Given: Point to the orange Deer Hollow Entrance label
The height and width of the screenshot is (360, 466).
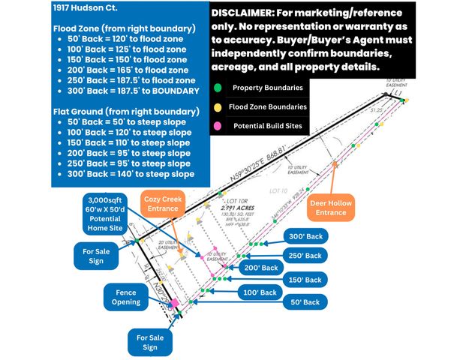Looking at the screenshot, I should click(x=329, y=208).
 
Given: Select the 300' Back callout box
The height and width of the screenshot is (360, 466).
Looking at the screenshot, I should click(x=305, y=236).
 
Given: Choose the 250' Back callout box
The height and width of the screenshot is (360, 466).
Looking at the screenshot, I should click(x=305, y=255).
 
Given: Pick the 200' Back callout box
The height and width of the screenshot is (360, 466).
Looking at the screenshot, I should click(x=260, y=268).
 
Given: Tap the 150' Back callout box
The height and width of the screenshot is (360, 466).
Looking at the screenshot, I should click(x=305, y=279).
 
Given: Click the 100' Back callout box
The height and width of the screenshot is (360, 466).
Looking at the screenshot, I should click(x=260, y=291).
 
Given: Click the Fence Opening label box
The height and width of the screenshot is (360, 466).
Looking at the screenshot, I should click(x=127, y=297).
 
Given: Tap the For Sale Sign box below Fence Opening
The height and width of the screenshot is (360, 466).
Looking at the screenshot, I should click(x=151, y=342).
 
